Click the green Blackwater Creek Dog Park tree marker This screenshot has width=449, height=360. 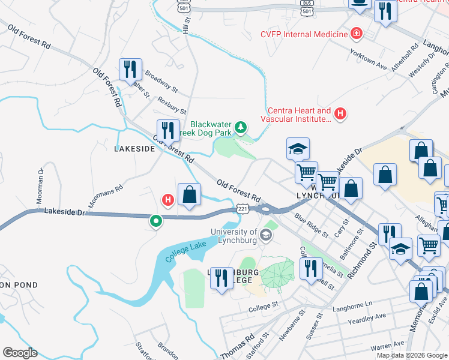pos(240,127)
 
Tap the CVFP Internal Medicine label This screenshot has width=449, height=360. pos(304,34)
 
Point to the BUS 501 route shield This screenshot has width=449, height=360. pos(307,8)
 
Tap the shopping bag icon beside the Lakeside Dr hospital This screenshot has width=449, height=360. pos(189,194)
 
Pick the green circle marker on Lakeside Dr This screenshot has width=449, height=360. pos(156,221)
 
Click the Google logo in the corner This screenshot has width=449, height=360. pos(20,353)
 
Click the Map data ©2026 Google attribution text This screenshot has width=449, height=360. pos(411,355)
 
